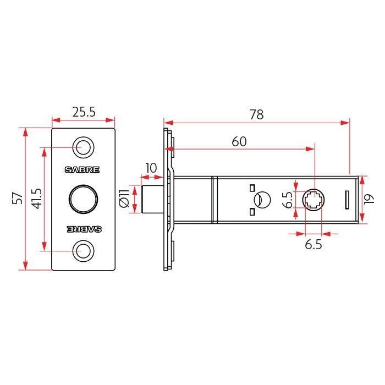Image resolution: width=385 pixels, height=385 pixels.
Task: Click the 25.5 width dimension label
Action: point(84,112)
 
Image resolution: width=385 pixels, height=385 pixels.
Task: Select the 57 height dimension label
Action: point(18,198)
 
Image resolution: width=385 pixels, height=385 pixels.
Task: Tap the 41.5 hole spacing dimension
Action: point(37,199)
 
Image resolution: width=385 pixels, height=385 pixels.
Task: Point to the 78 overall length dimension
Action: point(257,114)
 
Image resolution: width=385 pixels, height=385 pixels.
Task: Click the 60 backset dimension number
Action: point(239,141)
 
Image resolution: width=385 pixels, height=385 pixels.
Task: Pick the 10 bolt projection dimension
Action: point(151,168)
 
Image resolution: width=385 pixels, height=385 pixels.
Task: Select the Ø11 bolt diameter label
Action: point(124,199)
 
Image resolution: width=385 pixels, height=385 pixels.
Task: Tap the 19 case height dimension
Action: point(369,199)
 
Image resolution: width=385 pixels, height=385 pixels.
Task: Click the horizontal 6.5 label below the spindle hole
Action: point(313,245)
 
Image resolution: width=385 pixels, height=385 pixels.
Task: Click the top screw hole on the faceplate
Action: point(84,147)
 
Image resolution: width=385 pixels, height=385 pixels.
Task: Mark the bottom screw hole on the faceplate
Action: point(84,251)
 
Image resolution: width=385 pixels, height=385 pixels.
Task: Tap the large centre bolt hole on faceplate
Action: point(84,199)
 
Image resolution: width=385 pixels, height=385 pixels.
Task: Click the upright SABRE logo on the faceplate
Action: point(82,169)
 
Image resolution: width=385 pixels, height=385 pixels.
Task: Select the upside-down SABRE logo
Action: point(84,229)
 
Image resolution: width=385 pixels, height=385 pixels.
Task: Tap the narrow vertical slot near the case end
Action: point(347,200)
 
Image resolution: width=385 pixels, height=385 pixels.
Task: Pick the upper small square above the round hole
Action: point(252,188)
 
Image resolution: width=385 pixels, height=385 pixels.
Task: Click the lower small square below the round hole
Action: point(252,212)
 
